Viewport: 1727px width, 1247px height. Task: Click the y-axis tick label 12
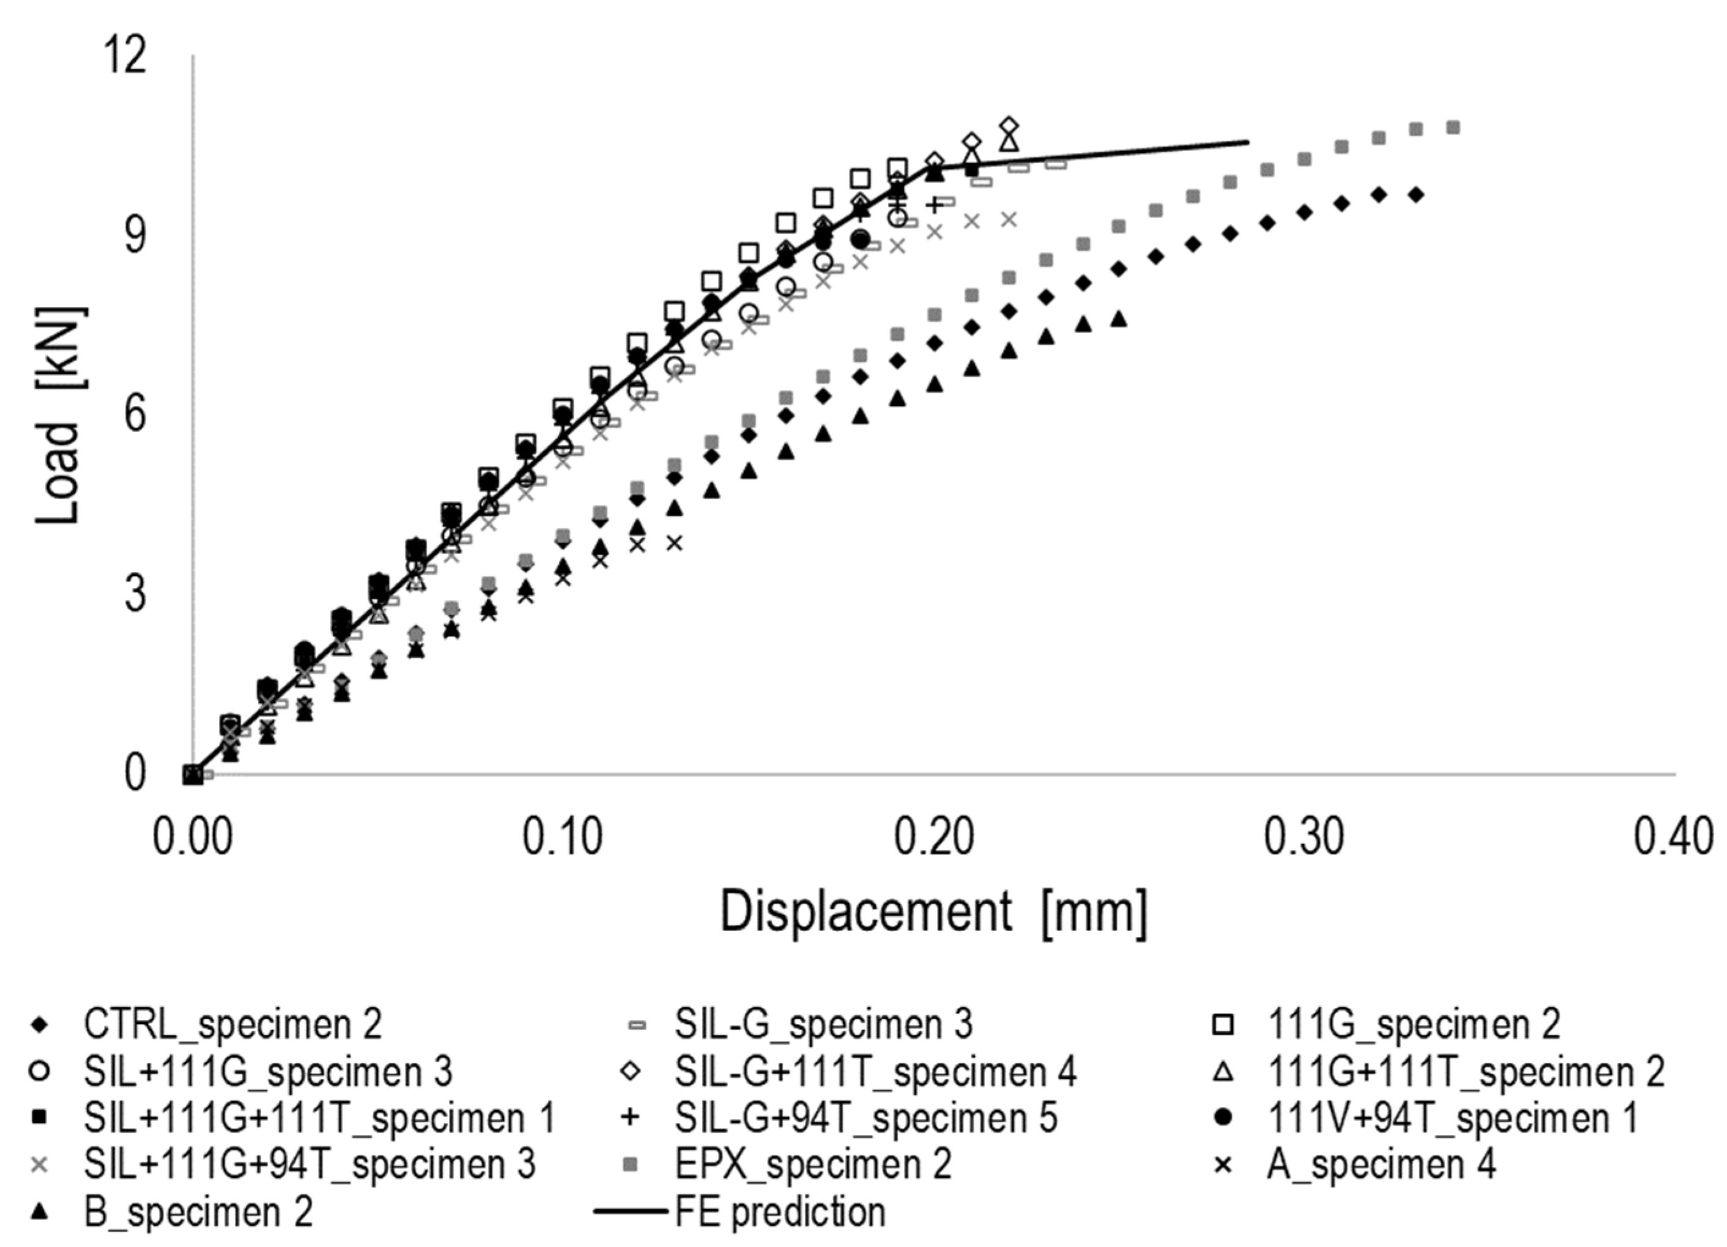pyautogui.click(x=124, y=55)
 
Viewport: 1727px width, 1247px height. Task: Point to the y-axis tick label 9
pyautogui.click(x=134, y=235)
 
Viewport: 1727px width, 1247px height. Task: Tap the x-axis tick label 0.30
pyautogui.click(x=1304, y=837)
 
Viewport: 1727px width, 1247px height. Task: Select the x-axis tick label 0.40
pyautogui.click(x=1674, y=837)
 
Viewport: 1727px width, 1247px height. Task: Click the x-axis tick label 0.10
pyautogui.click(x=563, y=837)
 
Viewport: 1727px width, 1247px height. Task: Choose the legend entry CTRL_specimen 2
pyautogui.click(x=232, y=1024)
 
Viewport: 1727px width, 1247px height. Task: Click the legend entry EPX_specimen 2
pyautogui.click(x=813, y=1164)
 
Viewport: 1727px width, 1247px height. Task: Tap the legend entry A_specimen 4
pyautogui.click(x=1380, y=1164)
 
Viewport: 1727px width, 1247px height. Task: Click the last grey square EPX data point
pyautogui.click(x=1453, y=127)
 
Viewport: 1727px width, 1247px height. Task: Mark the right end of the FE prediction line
pyautogui.click(x=1248, y=142)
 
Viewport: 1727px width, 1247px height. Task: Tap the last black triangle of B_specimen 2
pyautogui.click(x=1119, y=319)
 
